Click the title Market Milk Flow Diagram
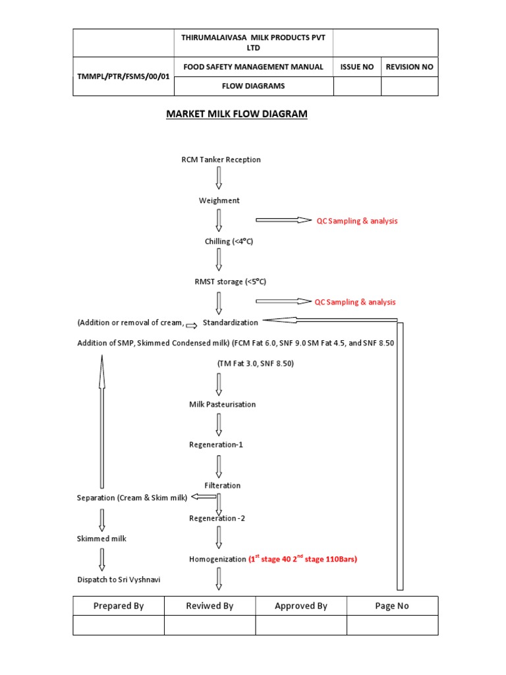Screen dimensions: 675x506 tap(237, 114)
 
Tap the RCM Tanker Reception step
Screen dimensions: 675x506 tap(221, 160)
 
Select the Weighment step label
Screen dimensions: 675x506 tap(219, 200)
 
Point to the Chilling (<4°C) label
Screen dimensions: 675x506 tap(229, 242)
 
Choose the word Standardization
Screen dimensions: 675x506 tap(230, 322)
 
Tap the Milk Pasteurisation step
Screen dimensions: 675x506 tap(222, 404)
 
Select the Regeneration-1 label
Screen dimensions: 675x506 tap(216, 445)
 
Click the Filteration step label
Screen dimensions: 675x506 tap(222, 486)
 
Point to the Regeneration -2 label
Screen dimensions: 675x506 tap(217, 518)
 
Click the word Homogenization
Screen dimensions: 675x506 tap(217, 560)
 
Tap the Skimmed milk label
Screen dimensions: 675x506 tap(101, 539)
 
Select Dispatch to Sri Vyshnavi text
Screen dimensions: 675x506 tap(119, 580)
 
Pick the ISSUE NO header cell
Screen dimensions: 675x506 tap(356, 67)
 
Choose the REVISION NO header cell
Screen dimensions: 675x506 tap(409, 67)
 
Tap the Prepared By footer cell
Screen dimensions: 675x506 tap(119, 606)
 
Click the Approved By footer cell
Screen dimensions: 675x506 tap(300, 606)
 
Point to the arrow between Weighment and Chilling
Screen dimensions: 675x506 tap(219, 220)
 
